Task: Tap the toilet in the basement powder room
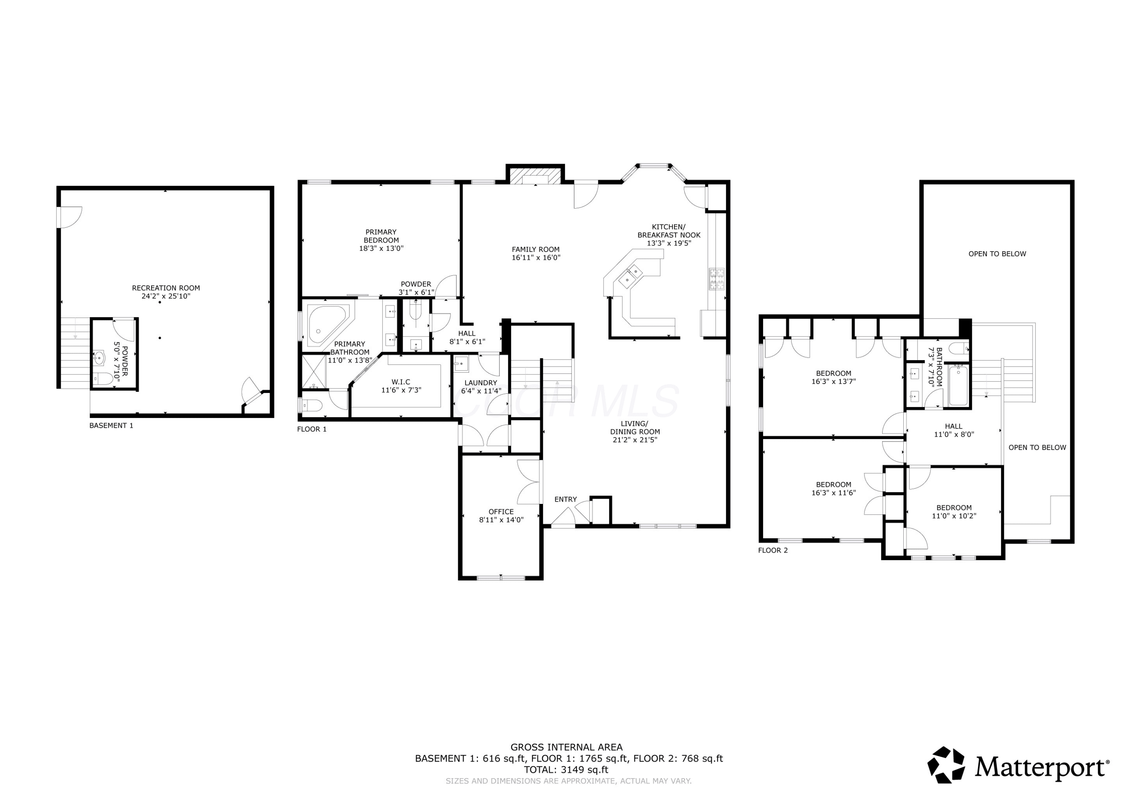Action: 103,379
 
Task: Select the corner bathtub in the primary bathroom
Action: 328,324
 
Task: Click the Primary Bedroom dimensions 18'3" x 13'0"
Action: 381,249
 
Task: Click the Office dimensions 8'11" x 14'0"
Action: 501,519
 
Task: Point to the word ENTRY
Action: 565,499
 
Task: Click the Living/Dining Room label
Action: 635,432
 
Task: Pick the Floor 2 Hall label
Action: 954,430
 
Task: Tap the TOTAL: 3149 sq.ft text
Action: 566,770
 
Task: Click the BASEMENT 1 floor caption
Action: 111,425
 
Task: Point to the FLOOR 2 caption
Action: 773,550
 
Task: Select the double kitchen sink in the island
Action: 631,276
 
